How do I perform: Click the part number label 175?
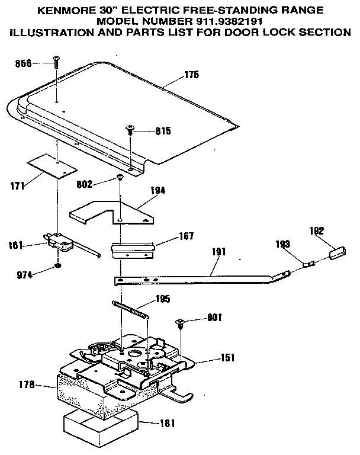(192, 75)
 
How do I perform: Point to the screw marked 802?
(120, 176)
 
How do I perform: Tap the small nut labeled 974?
(58, 265)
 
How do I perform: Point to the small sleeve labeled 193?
(308, 261)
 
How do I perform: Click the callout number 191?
(218, 252)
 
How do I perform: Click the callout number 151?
(227, 357)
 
